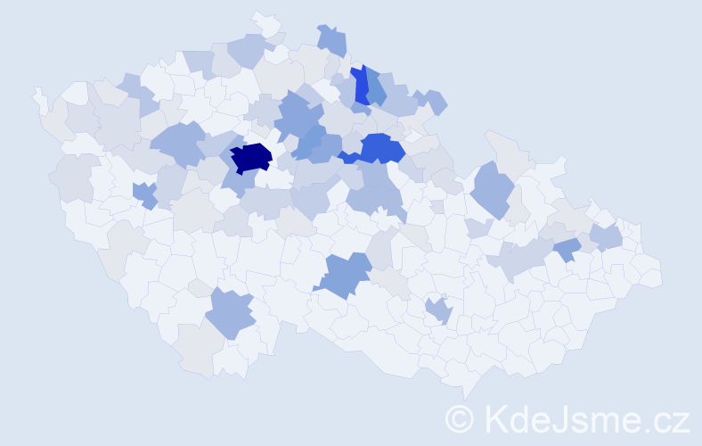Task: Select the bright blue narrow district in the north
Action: point(360,86)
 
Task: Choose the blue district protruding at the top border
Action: point(332,40)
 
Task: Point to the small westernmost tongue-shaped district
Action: point(40,100)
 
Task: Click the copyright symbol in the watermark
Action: point(459,418)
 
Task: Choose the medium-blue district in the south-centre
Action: point(343,275)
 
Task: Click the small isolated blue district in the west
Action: point(143,194)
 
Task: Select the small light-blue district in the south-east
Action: point(438,310)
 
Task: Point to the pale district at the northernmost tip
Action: point(265,23)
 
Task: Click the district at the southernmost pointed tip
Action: point(466,385)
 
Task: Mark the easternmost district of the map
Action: point(649,272)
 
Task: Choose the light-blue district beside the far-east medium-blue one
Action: point(606,236)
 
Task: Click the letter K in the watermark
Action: point(495,418)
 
